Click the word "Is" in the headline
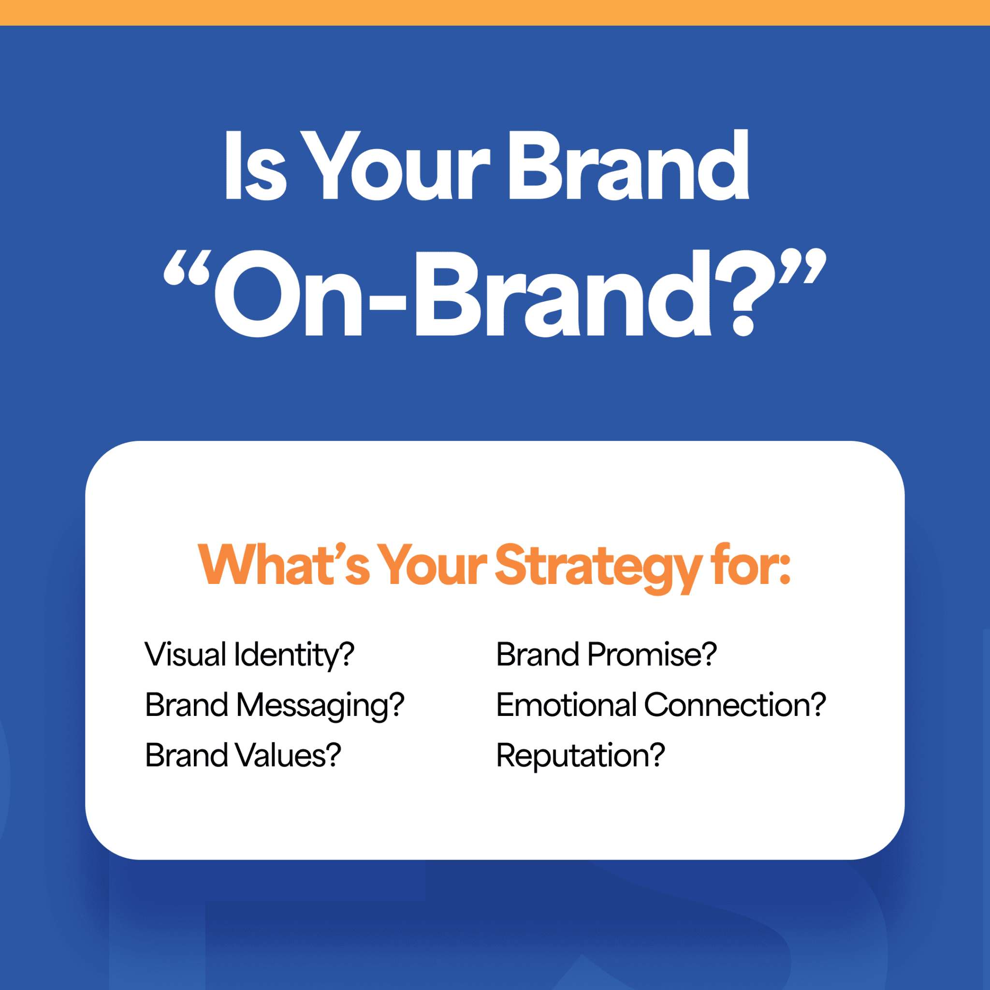(x=255, y=167)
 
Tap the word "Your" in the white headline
(x=394, y=167)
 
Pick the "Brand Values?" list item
(x=243, y=756)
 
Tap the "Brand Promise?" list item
(x=606, y=655)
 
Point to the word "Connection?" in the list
(x=735, y=705)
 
